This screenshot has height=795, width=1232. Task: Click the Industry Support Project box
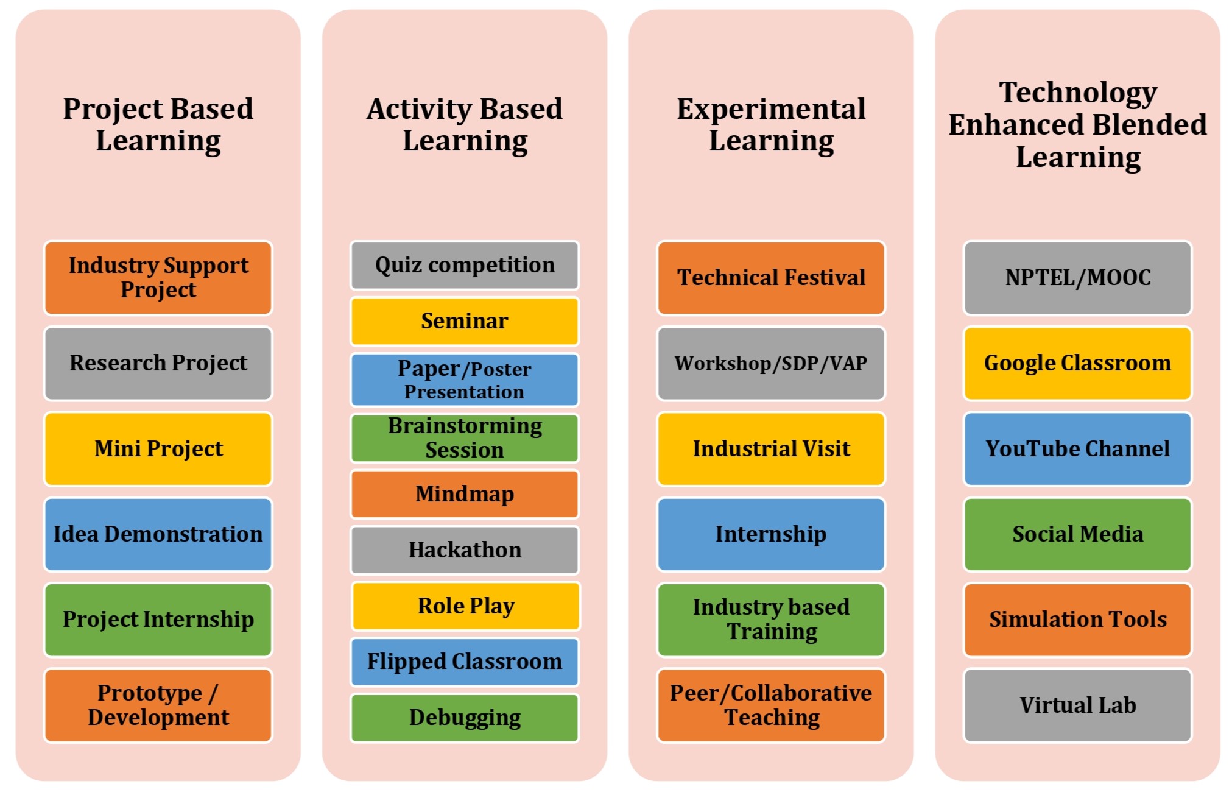(x=158, y=278)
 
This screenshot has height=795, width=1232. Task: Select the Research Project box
(x=158, y=363)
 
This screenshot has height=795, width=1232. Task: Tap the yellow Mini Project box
(x=158, y=449)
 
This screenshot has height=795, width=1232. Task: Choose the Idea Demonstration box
(x=158, y=534)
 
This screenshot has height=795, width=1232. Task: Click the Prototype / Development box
(x=158, y=705)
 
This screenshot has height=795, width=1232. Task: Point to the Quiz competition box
(x=465, y=265)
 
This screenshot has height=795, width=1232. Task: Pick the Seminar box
(x=465, y=321)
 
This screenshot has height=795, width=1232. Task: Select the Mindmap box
(x=465, y=494)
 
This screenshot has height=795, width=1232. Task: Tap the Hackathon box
(x=465, y=550)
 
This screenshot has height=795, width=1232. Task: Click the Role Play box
(x=466, y=606)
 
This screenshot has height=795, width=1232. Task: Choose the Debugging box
(x=465, y=718)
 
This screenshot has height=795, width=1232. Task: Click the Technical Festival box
(x=771, y=278)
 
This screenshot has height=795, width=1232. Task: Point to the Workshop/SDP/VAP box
(x=771, y=363)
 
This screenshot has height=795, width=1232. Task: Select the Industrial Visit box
(x=771, y=449)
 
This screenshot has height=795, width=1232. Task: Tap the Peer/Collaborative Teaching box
(x=771, y=705)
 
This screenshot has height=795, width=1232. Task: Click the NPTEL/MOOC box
(x=1077, y=278)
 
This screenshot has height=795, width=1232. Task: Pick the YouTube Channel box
(x=1077, y=449)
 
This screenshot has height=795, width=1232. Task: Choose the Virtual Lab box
(x=1077, y=705)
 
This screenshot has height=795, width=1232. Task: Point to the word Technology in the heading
(x=1078, y=94)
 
